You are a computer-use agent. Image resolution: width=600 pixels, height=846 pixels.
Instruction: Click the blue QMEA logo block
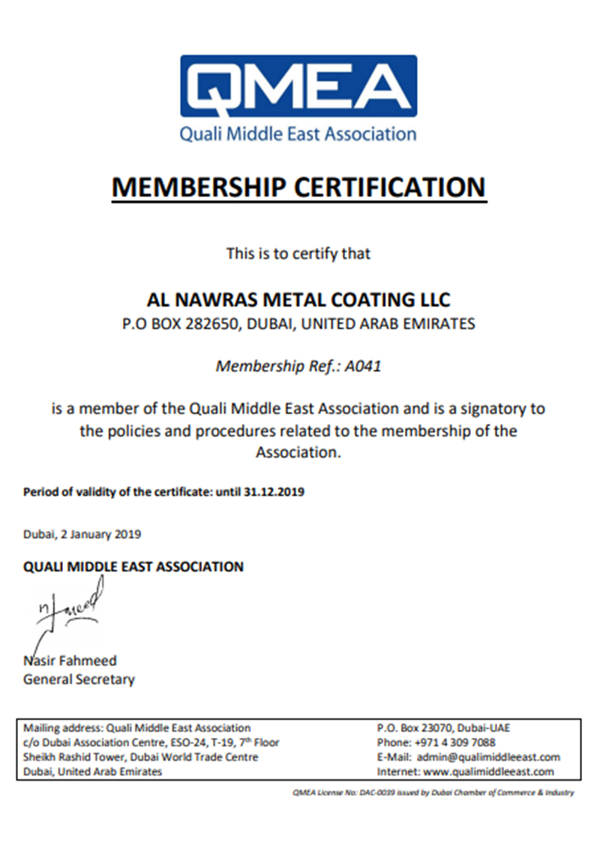pos(298,87)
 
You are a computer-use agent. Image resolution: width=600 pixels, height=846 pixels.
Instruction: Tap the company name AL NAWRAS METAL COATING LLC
pos(298,301)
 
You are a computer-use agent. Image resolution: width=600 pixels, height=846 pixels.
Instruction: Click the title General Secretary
pos(79,679)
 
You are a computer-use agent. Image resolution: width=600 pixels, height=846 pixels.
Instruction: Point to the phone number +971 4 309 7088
pos(454,742)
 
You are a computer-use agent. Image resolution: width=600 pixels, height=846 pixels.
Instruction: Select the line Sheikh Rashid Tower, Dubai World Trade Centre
pos(141,757)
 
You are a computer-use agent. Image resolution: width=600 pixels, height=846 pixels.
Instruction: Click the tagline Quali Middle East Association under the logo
pos(298,135)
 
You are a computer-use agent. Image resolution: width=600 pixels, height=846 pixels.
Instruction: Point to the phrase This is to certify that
pos(298,253)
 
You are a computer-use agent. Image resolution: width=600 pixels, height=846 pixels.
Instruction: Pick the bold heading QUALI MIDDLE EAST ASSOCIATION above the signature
pos(133,566)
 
